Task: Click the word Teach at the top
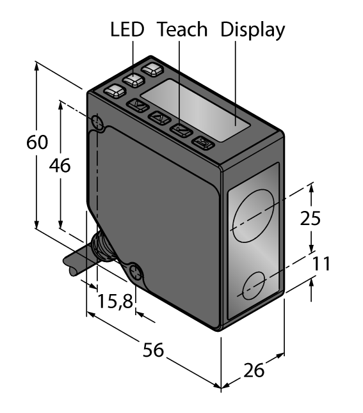(182, 30)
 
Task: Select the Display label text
(252, 30)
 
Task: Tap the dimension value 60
(37, 143)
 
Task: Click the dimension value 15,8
(115, 300)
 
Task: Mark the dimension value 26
(254, 370)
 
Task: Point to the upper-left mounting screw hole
(97, 121)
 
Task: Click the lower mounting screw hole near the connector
(136, 273)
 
